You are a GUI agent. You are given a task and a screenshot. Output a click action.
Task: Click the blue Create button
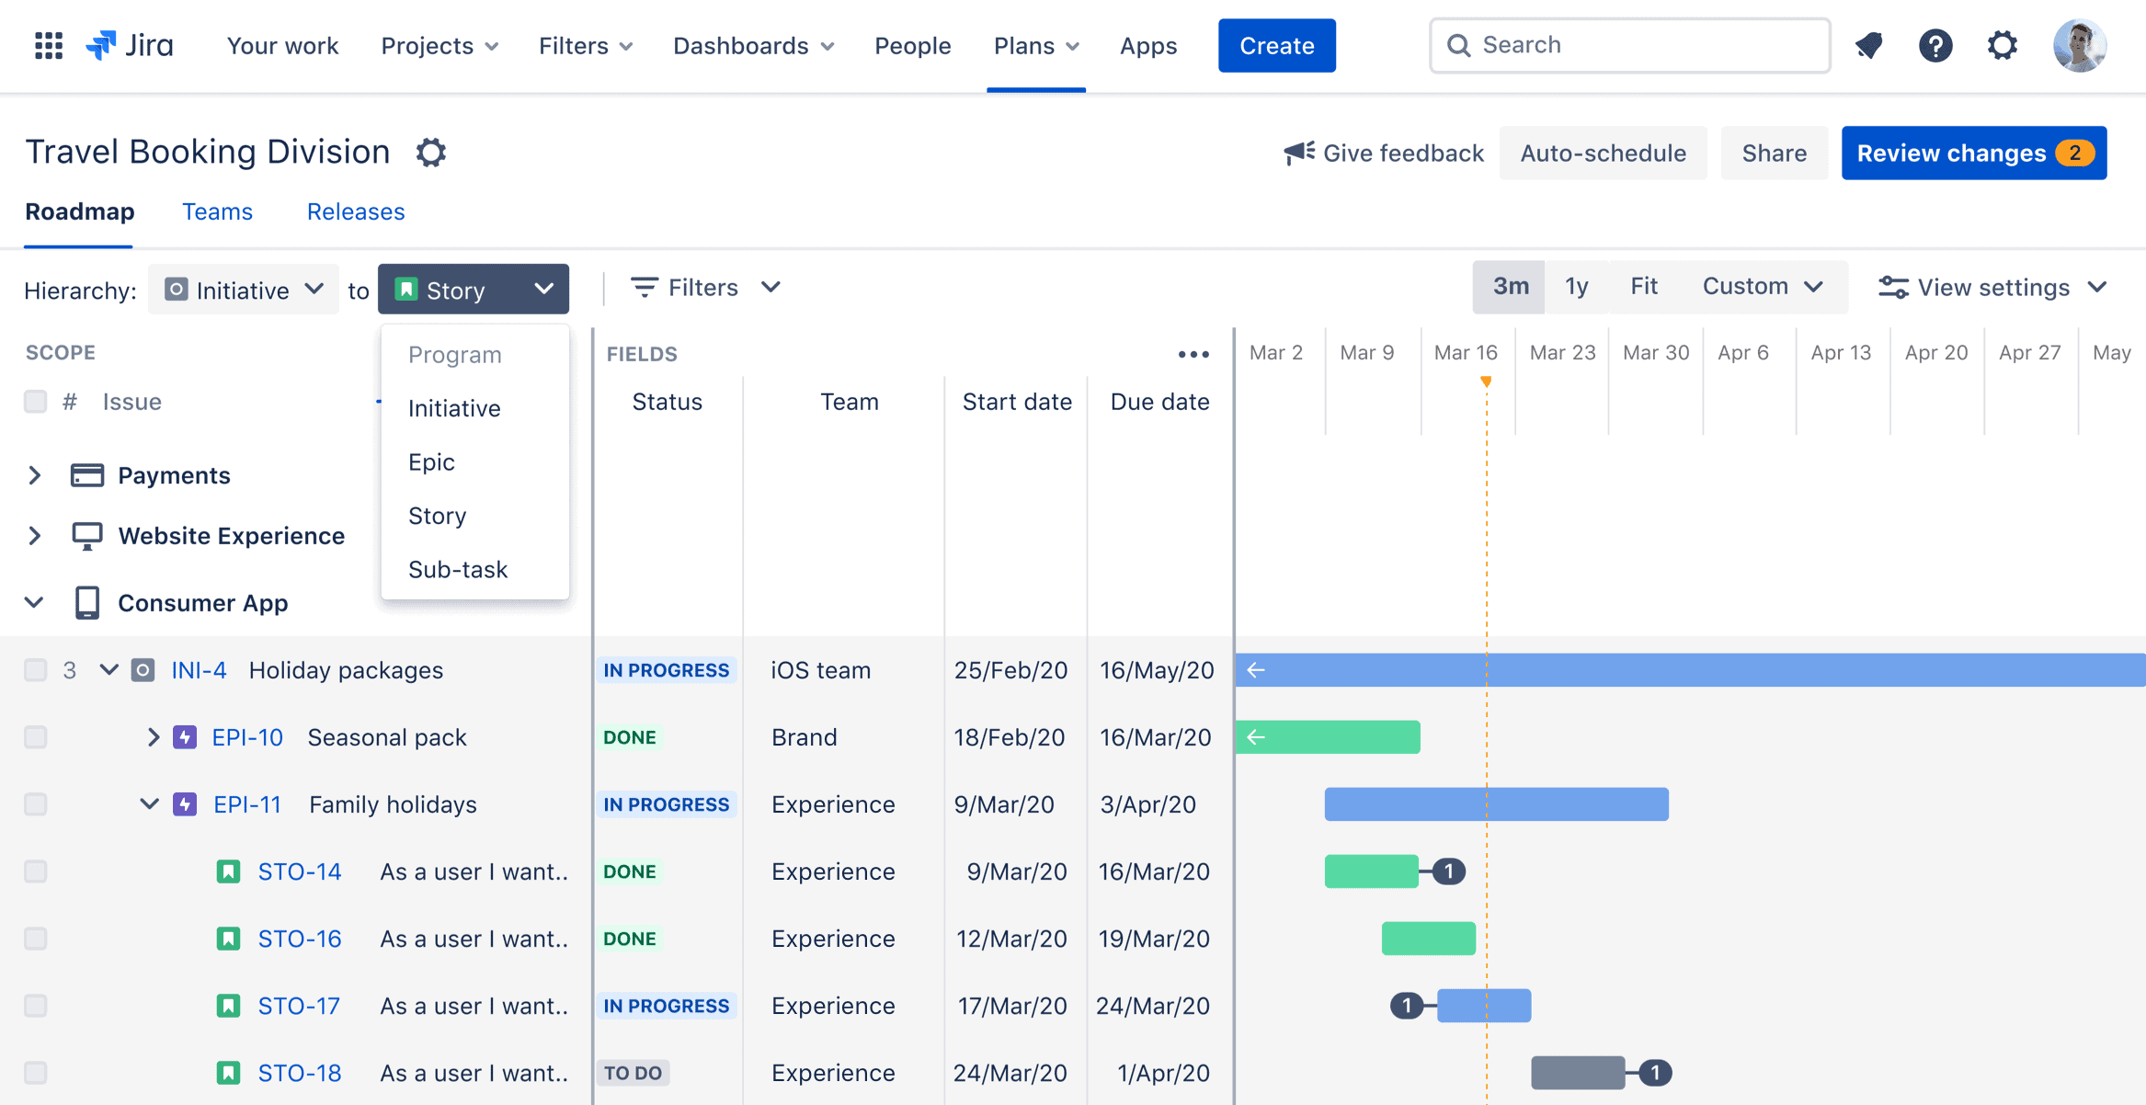[x=1276, y=46]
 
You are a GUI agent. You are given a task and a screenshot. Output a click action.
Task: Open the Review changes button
[x=1973, y=153]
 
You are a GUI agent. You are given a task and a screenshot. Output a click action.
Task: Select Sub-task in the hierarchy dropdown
[x=458, y=569]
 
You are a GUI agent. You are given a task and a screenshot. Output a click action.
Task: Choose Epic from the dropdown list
[x=431, y=461]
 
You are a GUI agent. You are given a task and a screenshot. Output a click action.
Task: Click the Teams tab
[x=217, y=211]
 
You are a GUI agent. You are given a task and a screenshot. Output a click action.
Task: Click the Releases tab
[x=356, y=211]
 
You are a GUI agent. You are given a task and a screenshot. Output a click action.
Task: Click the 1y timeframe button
[x=1576, y=287]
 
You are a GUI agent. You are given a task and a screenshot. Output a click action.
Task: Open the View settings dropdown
[x=1992, y=288]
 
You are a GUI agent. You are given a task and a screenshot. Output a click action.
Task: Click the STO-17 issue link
[x=299, y=1006]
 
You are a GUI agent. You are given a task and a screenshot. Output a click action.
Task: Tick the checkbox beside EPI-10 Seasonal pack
[x=36, y=737]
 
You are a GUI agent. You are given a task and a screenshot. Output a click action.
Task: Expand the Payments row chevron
[x=35, y=475]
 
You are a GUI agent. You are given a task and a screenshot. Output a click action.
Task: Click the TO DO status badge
[x=633, y=1073]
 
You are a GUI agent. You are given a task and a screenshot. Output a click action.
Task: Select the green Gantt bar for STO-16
[x=1428, y=939]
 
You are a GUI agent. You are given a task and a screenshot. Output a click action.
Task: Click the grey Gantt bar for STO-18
[x=1577, y=1073]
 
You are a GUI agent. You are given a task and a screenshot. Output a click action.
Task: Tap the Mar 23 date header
[x=1562, y=353]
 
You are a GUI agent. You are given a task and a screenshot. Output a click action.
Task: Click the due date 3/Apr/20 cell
[x=1147, y=804]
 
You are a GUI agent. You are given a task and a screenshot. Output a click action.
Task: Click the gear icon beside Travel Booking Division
[x=430, y=153]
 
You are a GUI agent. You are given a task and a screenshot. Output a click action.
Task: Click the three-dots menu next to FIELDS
[x=1193, y=354]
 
